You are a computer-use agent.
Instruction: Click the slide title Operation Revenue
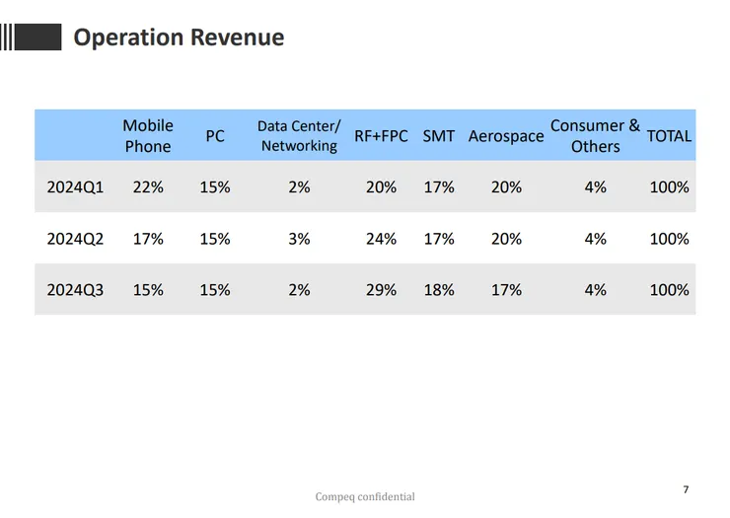point(179,37)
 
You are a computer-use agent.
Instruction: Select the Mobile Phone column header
point(148,136)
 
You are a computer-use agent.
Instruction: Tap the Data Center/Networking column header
point(299,136)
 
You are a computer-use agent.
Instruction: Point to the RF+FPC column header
point(381,136)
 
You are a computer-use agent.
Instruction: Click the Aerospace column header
point(506,136)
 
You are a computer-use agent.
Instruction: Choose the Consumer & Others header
point(595,136)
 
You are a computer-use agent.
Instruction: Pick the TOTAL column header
point(669,136)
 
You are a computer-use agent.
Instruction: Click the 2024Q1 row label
point(75,186)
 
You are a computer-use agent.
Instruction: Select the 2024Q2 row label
point(75,239)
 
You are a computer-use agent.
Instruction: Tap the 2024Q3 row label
point(75,290)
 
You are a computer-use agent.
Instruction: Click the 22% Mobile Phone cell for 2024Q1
point(148,186)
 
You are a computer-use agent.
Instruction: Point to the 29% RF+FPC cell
point(381,290)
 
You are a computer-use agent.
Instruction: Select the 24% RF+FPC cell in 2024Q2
point(381,239)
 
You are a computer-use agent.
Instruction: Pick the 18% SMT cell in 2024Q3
point(439,290)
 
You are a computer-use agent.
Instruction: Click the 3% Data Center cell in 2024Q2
point(299,239)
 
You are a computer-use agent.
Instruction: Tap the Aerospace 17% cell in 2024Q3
point(506,290)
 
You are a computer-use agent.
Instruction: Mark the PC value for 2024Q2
point(215,239)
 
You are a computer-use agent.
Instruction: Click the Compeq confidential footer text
point(365,497)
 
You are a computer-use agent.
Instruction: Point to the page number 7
point(686,489)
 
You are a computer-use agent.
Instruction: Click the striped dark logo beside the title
point(32,37)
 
